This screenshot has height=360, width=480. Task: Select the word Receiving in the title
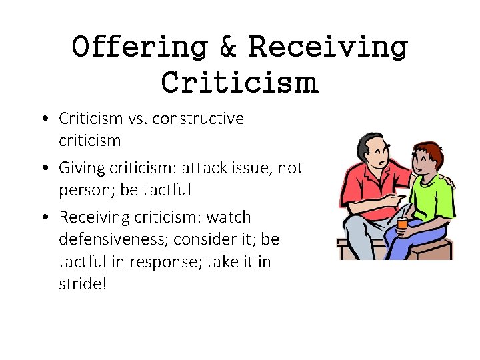coord(327,48)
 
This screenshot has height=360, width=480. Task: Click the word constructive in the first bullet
coord(198,119)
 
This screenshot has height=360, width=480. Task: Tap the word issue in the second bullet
coord(247,169)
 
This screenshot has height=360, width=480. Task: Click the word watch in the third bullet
coord(228,218)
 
